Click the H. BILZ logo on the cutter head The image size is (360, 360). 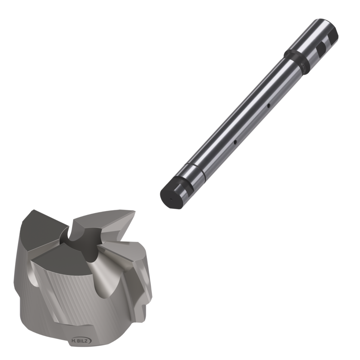[80, 341]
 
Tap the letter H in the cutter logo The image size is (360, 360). [74, 341]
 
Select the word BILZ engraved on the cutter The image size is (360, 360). [82, 341]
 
